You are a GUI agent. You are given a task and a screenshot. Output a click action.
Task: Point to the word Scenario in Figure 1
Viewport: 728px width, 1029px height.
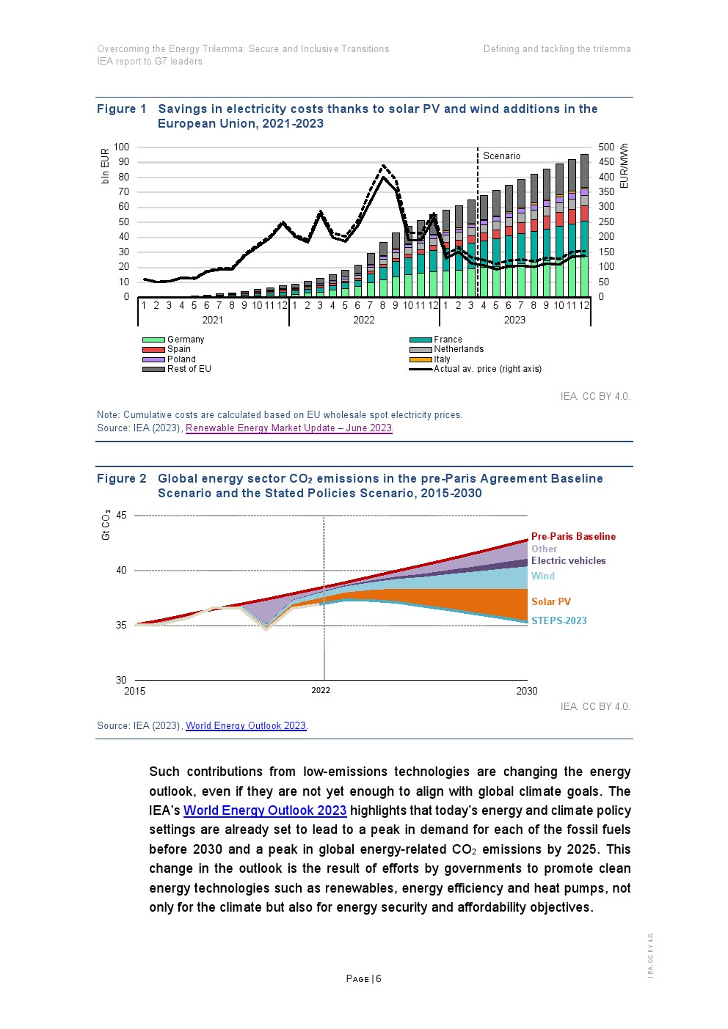pos(501,156)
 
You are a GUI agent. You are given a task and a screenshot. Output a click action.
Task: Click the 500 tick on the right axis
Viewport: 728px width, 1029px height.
pos(606,147)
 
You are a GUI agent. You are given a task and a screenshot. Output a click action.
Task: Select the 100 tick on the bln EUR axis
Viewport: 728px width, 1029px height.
pos(121,147)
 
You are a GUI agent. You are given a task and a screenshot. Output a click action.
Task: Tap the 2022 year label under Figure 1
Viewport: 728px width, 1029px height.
pos(363,320)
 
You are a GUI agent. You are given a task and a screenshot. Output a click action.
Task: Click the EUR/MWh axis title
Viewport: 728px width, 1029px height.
pos(624,166)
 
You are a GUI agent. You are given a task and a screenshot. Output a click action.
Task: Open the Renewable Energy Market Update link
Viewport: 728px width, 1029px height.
pos(289,428)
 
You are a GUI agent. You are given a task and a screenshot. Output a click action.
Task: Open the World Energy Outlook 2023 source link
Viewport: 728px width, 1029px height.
pos(246,726)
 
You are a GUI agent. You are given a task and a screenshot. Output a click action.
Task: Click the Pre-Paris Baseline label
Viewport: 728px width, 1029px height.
pos(573,537)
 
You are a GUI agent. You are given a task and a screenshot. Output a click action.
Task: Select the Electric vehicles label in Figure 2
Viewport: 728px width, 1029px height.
pos(568,561)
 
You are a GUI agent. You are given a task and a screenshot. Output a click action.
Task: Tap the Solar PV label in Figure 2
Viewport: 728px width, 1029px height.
pos(550,602)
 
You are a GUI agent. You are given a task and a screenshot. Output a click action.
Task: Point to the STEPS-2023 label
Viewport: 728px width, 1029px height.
pos(558,621)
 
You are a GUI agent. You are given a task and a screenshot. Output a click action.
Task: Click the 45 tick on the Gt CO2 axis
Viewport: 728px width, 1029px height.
pos(121,516)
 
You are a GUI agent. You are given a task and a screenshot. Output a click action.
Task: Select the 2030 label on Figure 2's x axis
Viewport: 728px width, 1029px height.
pos(526,691)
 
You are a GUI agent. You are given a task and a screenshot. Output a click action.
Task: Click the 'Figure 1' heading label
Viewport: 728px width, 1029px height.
pos(122,109)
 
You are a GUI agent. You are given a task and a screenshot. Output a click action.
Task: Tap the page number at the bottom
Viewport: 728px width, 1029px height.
pos(363,979)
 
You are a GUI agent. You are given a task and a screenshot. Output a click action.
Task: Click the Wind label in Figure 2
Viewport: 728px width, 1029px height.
pos(542,576)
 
